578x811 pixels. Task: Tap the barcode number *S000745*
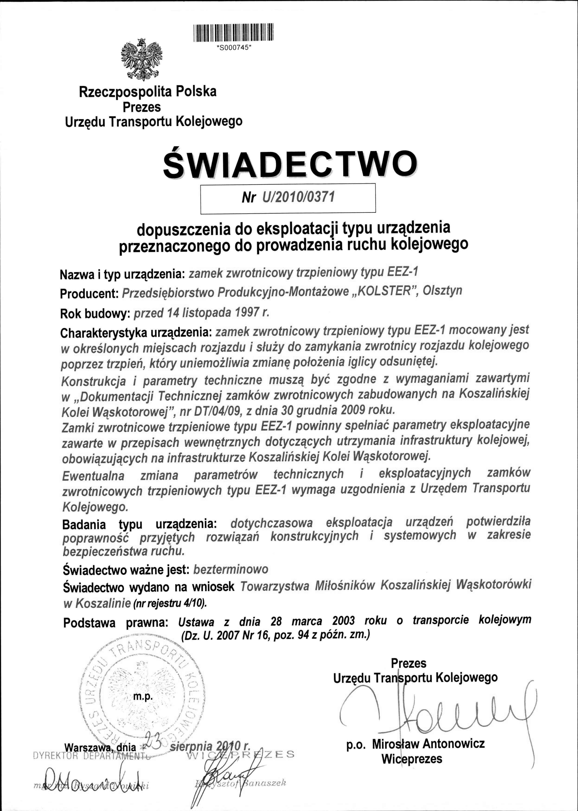[x=233, y=49]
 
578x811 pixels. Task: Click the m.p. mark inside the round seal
[x=143, y=697]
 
